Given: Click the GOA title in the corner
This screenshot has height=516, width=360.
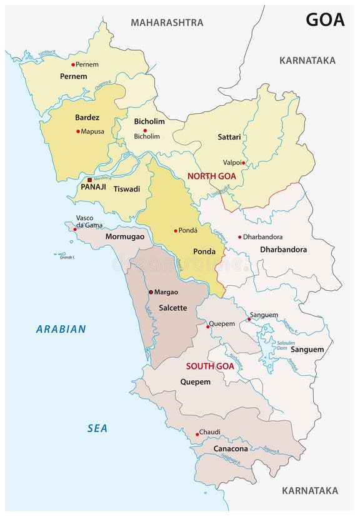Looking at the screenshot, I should click(325, 19).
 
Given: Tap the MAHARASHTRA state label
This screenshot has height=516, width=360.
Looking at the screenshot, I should click(167, 23).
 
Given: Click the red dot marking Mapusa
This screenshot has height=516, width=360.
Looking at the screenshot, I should click(78, 131).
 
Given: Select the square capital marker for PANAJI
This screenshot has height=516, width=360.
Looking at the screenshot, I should click(89, 180).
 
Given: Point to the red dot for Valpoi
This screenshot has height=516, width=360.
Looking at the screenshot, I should click(244, 163).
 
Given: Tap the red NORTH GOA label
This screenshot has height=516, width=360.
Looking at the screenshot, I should click(211, 176).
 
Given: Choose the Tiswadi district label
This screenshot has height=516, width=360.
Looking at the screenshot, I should click(127, 188).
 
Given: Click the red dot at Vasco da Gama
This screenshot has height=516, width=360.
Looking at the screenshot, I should click(75, 230).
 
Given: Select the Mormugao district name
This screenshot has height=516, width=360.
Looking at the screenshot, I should click(125, 237).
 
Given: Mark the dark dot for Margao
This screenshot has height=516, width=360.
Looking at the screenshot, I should click(151, 292).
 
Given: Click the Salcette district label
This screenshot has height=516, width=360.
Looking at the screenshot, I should click(173, 308).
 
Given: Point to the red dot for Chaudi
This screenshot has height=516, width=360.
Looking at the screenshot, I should click(197, 434).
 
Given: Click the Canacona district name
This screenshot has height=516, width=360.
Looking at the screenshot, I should click(231, 448).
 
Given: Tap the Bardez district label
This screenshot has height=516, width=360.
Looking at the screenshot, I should click(87, 117).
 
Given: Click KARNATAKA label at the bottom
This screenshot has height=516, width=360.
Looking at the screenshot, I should click(309, 490).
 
